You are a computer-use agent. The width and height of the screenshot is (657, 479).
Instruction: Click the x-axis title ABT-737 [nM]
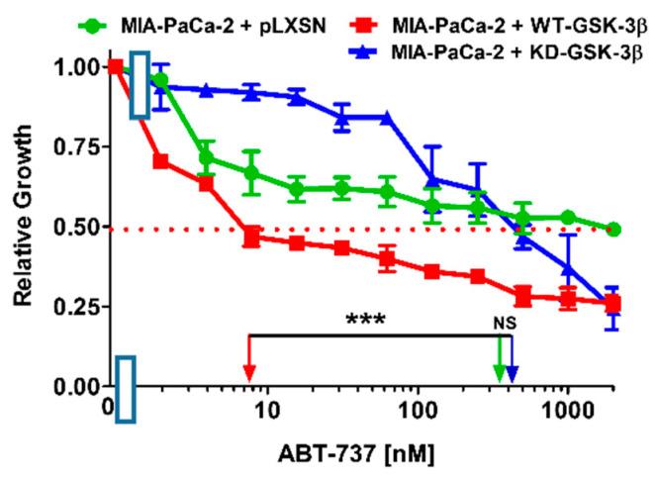(339, 453)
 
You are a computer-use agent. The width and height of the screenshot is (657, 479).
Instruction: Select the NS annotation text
(506, 323)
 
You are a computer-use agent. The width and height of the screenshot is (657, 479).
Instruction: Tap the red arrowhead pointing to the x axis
(249, 374)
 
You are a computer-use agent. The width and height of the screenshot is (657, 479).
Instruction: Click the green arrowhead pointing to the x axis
(500, 374)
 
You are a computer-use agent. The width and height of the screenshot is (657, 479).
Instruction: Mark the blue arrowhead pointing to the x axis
(512, 374)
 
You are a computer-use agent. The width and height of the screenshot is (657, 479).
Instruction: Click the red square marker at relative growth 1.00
(116, 66)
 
